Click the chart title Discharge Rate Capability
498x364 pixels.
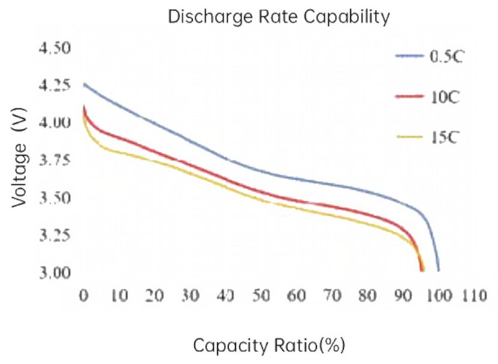tap(279, 17)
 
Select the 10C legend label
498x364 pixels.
tap(443, 97)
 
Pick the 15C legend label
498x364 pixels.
tap(443, 137)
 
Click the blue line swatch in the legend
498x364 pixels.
tap(409, 56)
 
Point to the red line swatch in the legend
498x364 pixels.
tap(409, 96)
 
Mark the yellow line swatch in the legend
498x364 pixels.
tap(409, 137)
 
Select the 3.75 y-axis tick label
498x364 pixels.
tap(55, 160)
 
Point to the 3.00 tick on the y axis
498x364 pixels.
tap(55, 272)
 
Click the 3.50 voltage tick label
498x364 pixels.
tap(55, 198)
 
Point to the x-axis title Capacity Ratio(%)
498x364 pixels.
tap(269, 345)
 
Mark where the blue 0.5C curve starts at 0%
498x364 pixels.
tap(84, 84)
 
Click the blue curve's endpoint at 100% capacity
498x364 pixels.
tap(439, 271)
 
